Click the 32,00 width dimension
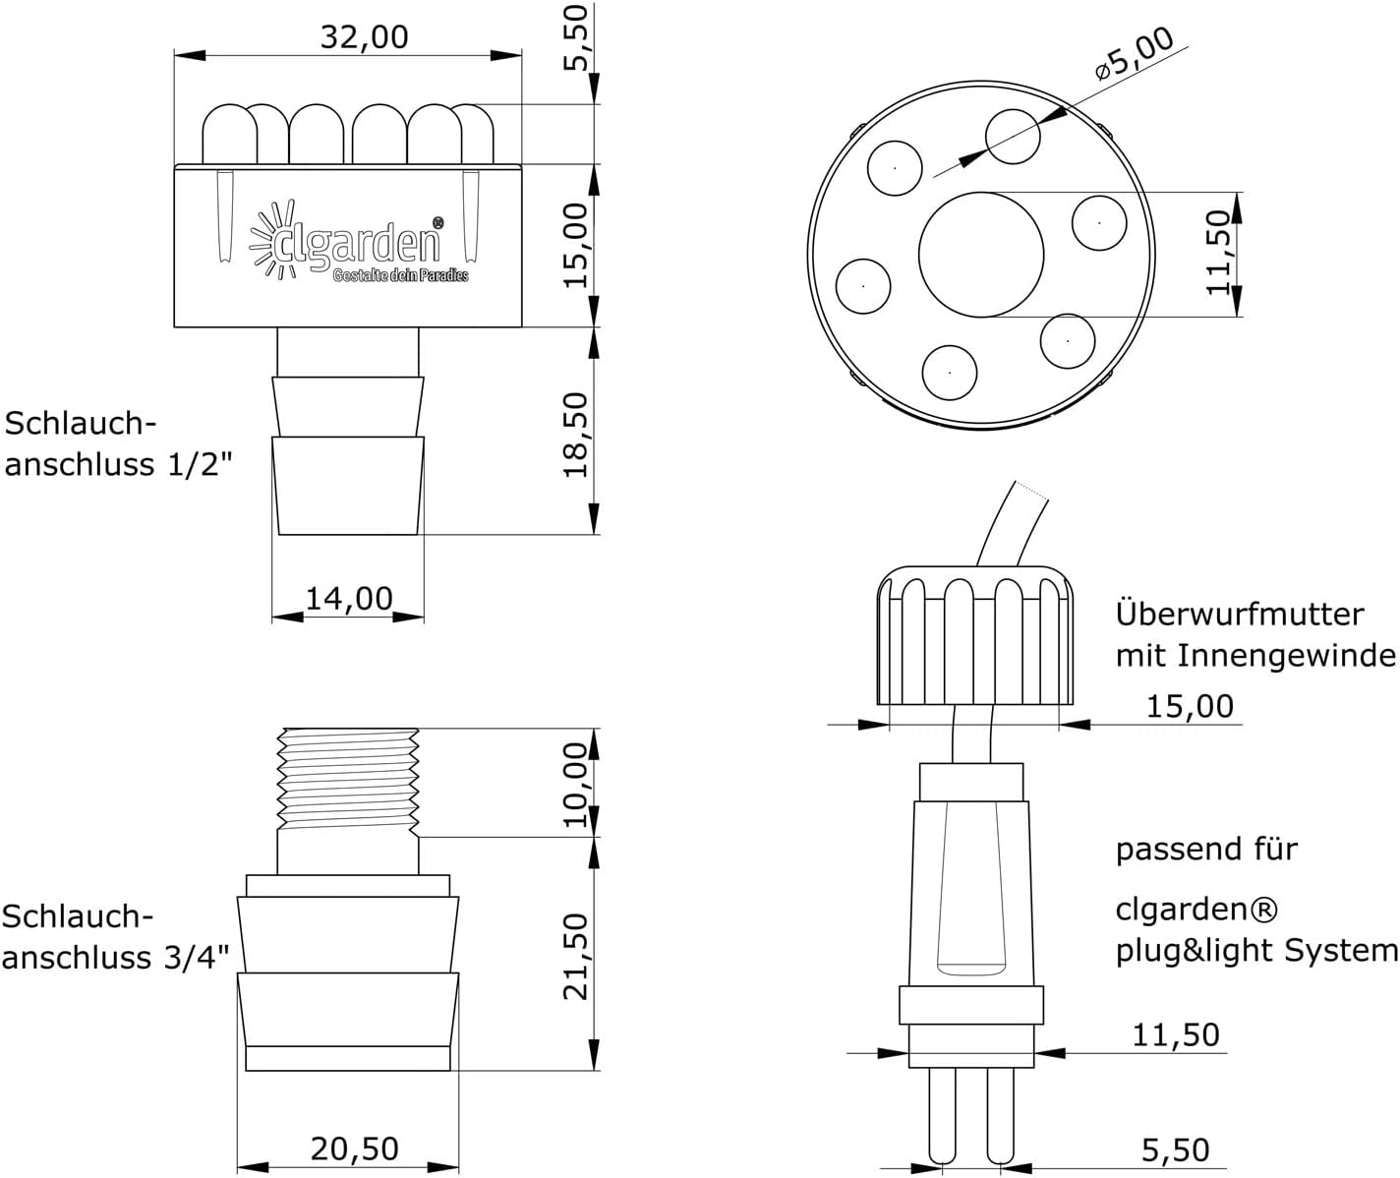tap(364, 37)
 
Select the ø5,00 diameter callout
tap(1134, 54)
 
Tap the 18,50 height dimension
tap(575, 436)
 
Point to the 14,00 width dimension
tap(349, 599)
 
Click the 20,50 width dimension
tap(355, 1149)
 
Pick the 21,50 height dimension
tap(575, 957)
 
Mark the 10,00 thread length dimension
tap(575, 785)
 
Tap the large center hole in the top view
tap(981, 255)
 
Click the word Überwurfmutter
tap(1239, 615)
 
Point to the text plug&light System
tap(1256, 951)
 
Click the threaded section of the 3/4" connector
tap(348, 781)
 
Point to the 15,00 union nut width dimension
tap(1190, 706)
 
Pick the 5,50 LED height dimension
tap(575, 37)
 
